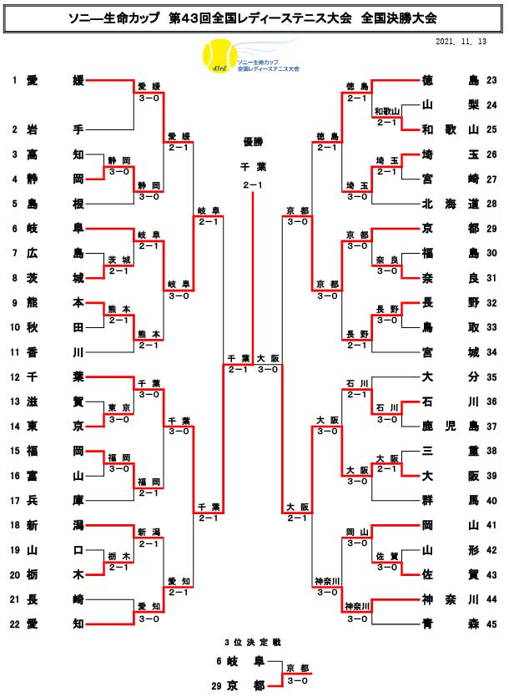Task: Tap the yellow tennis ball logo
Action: click(x=218, y=58)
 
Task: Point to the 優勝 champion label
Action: click(x=252, y=141)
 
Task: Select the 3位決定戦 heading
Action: click(x=252, y=642)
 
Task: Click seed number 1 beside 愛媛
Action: click(x=15, y=80)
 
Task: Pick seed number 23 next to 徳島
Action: click(x=491, y=80)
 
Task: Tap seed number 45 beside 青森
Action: click(x=491, y=622)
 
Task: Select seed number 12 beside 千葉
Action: click(x=15, y=376)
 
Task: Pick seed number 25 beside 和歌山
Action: click(x=491, y=129)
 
